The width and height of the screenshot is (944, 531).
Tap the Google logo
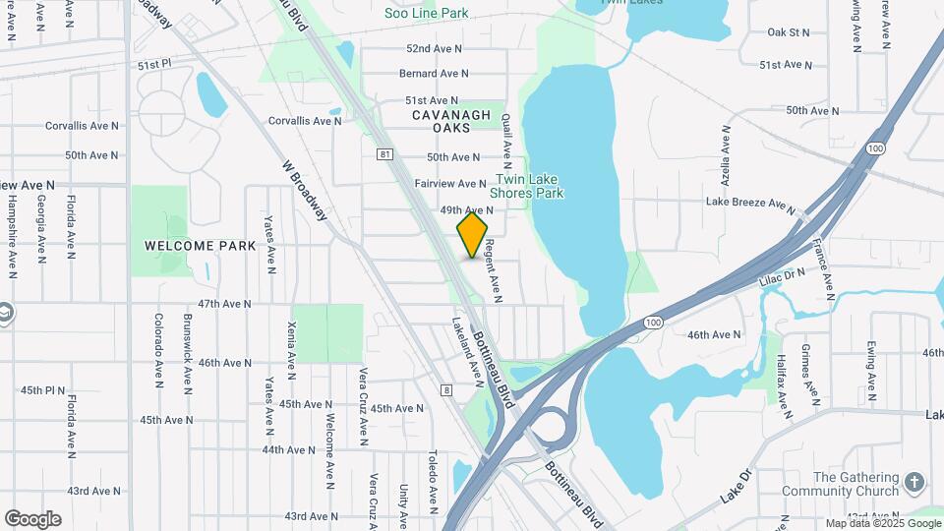coord(33,518)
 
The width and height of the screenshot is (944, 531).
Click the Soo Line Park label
coord(426,14)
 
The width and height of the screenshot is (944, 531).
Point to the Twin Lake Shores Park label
coord(529,187)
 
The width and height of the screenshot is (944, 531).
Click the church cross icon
coord(914,482)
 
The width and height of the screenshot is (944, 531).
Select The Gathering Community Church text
coord(855,484)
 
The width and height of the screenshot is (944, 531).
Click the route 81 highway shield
coord(384,154)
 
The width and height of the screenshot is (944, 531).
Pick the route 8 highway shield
coord(447,390)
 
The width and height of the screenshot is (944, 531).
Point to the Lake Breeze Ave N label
coord(749,203)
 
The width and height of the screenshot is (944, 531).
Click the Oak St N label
coord(788,32)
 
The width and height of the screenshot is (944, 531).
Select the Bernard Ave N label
coord(435,74)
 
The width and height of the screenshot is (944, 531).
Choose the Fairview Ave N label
coord(450,184)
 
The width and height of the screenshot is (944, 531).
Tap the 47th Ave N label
coord(225,305)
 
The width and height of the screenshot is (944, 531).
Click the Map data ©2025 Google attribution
coord(882,523)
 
